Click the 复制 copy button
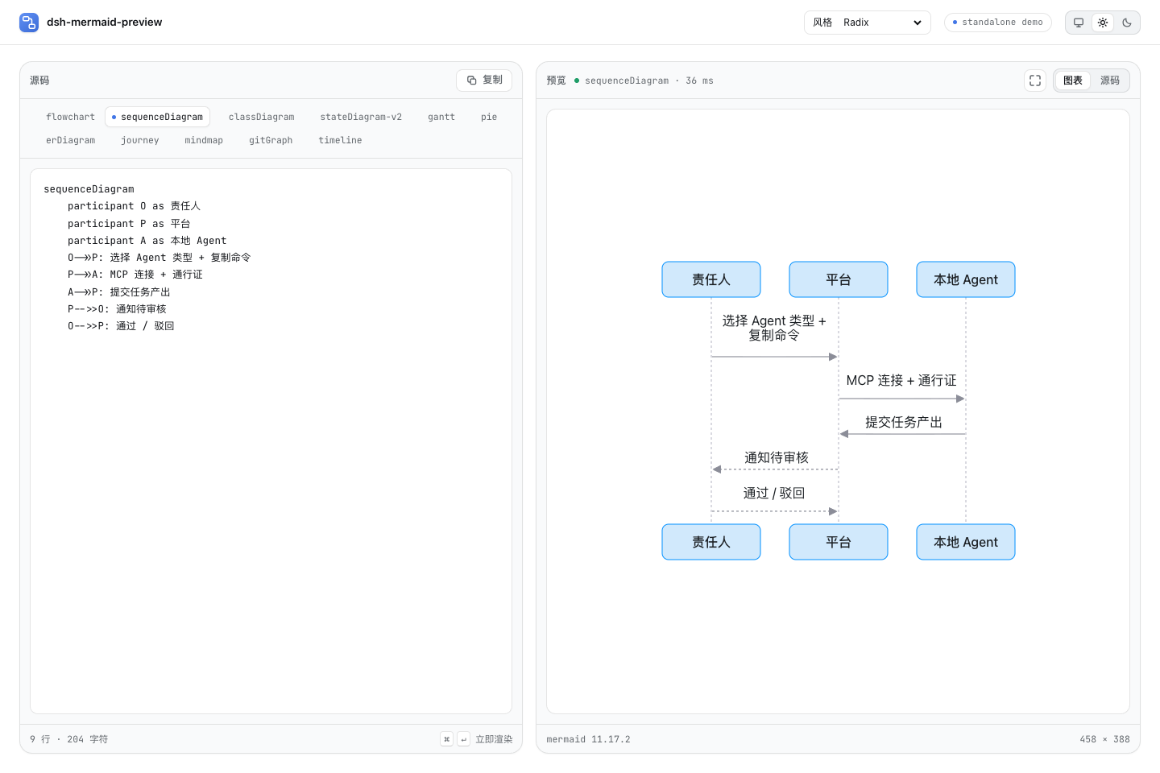click(x=484, y=81)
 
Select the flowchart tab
click(x=70, y=117)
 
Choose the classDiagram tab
click(x=262, y=117)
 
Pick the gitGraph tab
click(x=271, y=140)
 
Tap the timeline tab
click(x=340, y=140)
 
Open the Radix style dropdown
click(x=868, y=23)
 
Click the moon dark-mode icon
click(x=1127, y=23)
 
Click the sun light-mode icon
click(x=1103, y=23)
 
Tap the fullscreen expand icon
click(x=1034, y=81)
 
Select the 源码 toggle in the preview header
click(x=1110, y=81)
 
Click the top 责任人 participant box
click(x=711, y=279)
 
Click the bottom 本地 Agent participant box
click(x=965, y=542)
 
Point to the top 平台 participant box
click(x=839, y=279)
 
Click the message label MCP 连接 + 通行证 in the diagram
click(x=901, y=381)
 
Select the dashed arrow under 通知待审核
click(x=775, y=469)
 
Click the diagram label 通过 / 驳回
click(x=773, y=493)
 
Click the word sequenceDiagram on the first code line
click(x=89, y=189)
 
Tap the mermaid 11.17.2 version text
click(x=588, y=739)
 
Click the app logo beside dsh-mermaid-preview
click(x=29, y=23)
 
